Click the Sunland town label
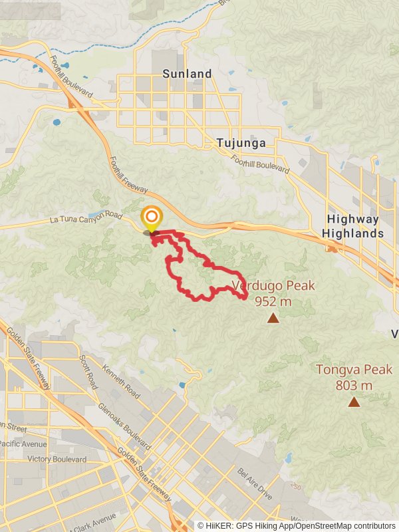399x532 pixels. pyautogui.click(x=191, y=74)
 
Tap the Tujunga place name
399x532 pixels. pyautogui.click(x=241, y=143)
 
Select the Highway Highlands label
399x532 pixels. pyautogui.click(x=352, y=227)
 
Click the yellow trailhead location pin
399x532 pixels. pyautogui.click(x=152, y=218)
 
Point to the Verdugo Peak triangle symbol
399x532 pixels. pyautogui.click(x=273, y=319)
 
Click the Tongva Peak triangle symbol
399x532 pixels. pyautogui.click(x=354, y=402)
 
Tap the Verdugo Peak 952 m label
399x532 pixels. pyautogui.click(x=273, y=293)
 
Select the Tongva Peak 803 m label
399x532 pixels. pyautogui.click(x=354, y=377)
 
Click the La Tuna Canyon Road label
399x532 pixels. pyautogui.click(x=86, y=218)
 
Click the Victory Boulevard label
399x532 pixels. pyautogui.click(x=58, y=460)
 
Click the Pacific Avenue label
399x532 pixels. pyautogui.click(x=23, y=444)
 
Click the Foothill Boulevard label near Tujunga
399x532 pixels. pyautogui.click(x=261, y=164)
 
